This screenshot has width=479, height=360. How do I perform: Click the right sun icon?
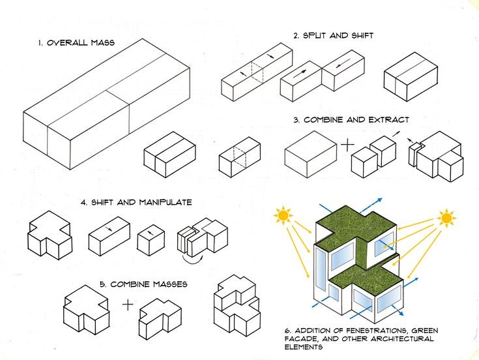point(446,217)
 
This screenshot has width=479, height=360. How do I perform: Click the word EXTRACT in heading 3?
point(388,120)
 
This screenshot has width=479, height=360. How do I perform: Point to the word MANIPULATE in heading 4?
point(165,202)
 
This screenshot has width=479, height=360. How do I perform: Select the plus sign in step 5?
point(128,303)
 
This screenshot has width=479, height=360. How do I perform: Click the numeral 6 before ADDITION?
point(287,331)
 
